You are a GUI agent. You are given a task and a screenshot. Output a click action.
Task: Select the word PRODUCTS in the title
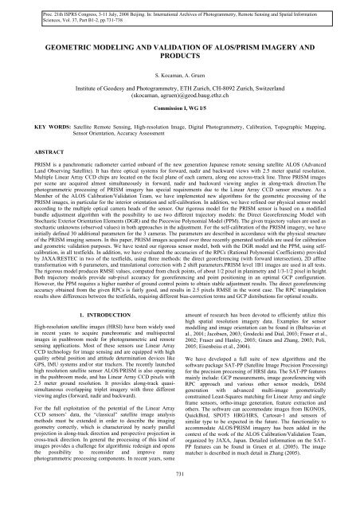tap(179, 62)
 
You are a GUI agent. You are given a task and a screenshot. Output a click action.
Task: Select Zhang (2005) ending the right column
tap(305, 482)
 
